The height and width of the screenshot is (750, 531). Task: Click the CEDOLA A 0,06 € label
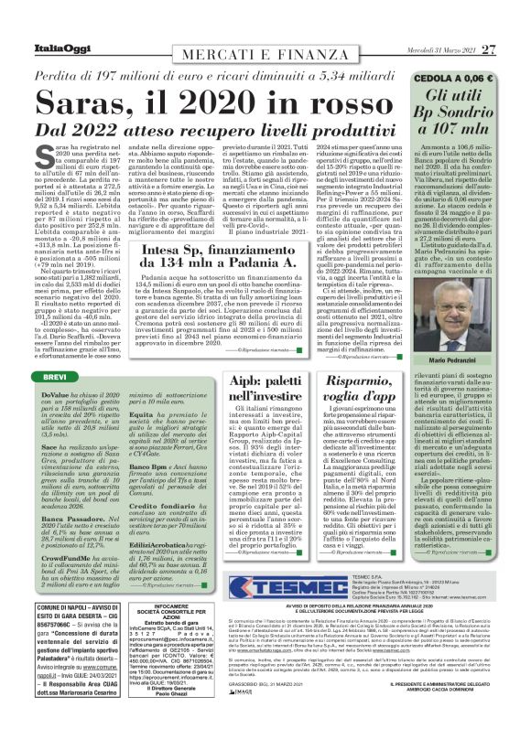click(x=467, y=79)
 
